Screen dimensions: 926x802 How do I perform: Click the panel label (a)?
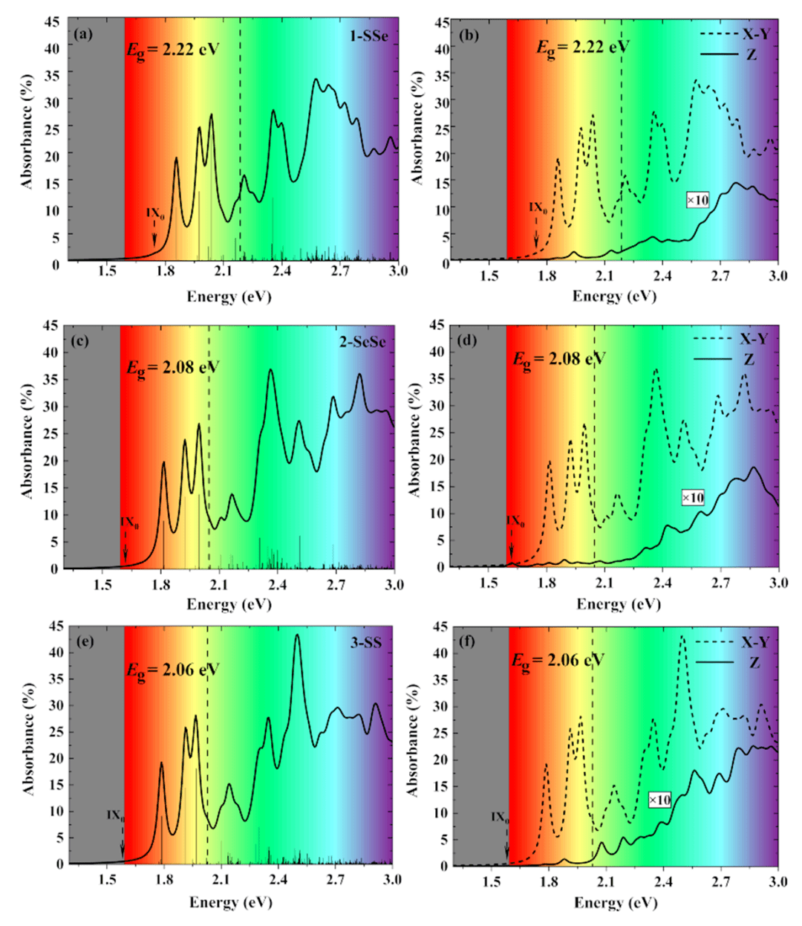pyautogui.click(x=84, y=33)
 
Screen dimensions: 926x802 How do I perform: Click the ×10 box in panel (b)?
pyautogui.click(x=697, y=201)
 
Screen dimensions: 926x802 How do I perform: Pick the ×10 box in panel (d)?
pyautogui.click(x=693, y=498)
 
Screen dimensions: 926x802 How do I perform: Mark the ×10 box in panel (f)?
pyautogui.click(x=659, y=800)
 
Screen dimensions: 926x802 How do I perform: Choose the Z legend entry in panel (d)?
pyautogui.click(x=748, y=360)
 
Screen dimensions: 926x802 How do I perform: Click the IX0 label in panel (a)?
pyautogui.click(x=155, y=214)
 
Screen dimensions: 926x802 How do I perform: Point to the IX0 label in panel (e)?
pyautogui.click(x=115, y=815)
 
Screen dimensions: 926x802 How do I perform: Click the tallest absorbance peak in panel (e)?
pyautogui.click(x=298, y=635)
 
